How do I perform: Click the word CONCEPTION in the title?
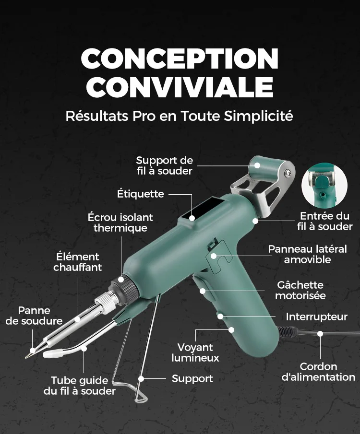180,59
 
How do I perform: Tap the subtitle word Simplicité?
258,116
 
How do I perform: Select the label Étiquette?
141,194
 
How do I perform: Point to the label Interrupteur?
316,317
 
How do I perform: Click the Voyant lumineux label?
195,352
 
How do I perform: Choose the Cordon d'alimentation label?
318,372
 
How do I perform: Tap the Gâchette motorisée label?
300,290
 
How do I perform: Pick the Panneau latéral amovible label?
307,254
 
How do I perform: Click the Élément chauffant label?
78,262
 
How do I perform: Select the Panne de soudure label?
34,316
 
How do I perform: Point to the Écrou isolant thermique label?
120,222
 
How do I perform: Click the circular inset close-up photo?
324,186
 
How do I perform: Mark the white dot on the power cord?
320,334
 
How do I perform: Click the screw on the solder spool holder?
288,173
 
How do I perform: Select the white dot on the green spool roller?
257,165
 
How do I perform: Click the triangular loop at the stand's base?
140,398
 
